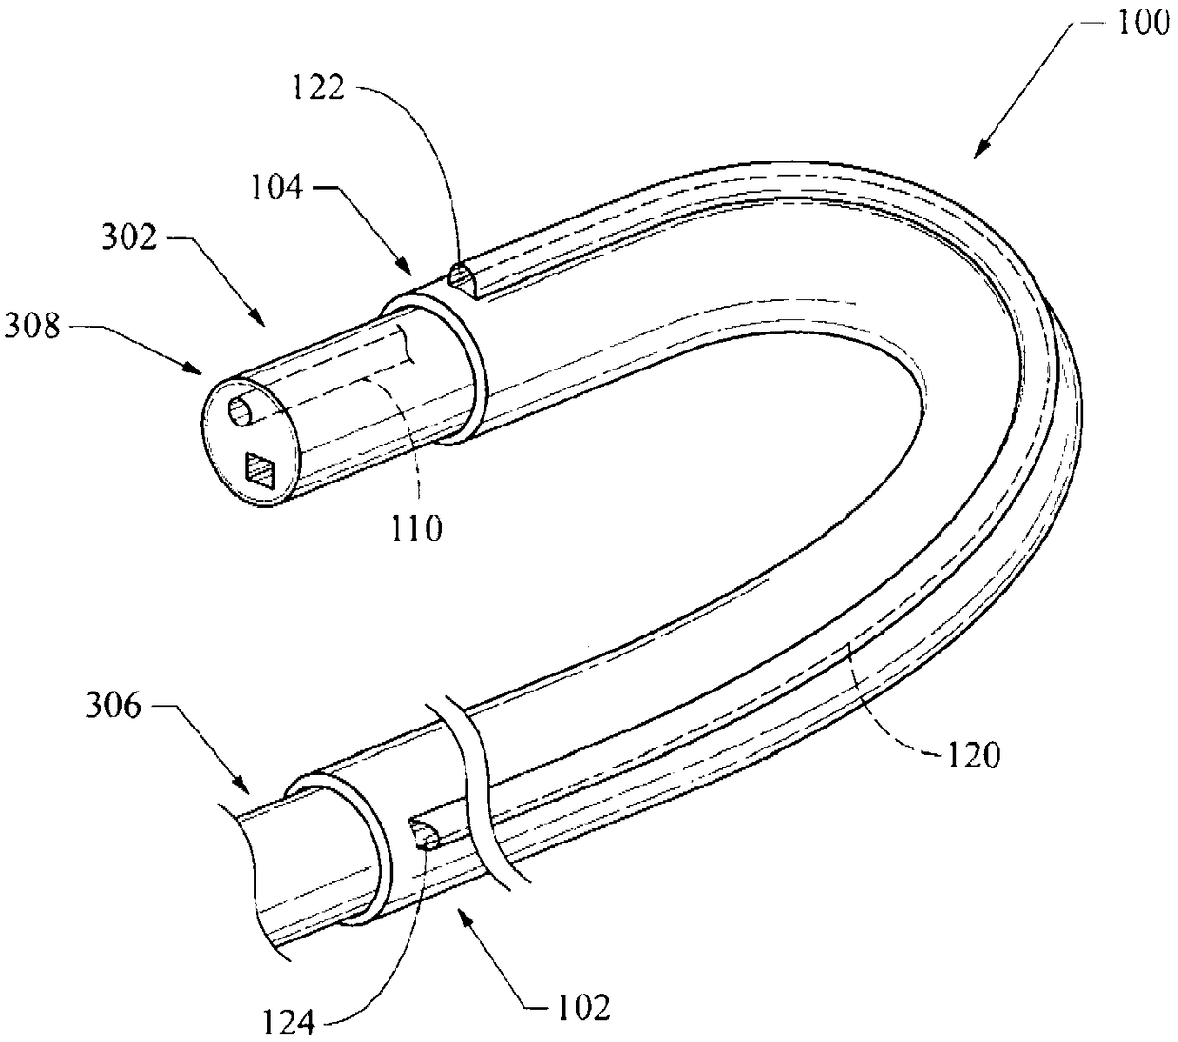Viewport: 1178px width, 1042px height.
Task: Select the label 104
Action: [277, 188]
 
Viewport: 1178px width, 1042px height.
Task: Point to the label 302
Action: [128, 237]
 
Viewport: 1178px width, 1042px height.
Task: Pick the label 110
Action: [418, 527]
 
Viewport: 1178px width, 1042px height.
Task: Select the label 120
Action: [972, 755]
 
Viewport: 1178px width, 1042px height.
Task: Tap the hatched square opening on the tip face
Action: [260, 468]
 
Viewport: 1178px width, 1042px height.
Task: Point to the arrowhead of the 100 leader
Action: [977, 155]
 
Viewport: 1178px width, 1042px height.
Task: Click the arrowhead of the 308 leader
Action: [201, 371]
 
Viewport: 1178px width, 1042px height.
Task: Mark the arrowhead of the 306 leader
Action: [249, 791]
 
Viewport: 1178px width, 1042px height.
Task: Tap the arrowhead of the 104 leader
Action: [412, 272]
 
